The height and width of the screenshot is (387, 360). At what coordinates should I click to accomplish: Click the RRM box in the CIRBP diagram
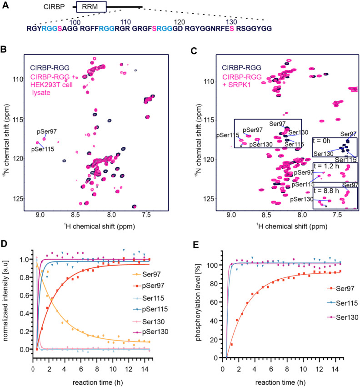coord(91,7)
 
